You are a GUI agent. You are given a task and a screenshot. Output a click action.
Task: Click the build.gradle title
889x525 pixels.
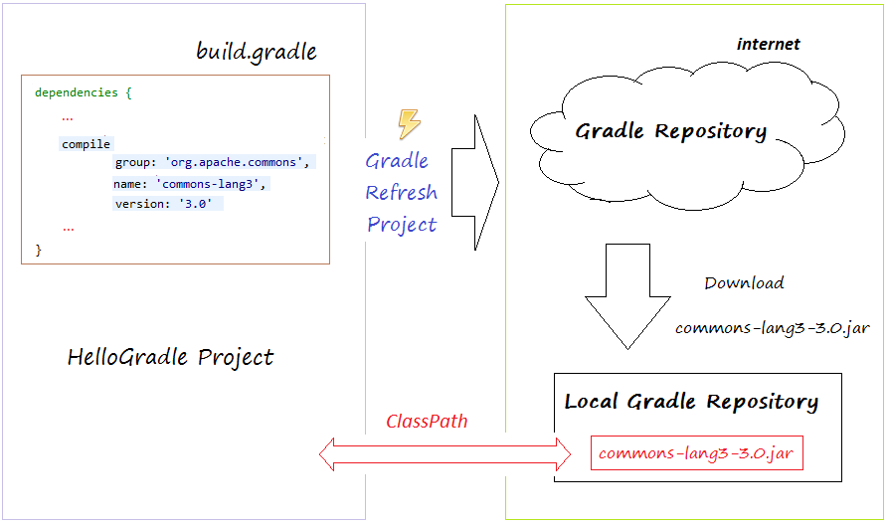pyautogui.click(x=257, y=52)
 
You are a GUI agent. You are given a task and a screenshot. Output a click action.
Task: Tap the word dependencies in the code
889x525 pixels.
pyautogui.click(x=76, y=92)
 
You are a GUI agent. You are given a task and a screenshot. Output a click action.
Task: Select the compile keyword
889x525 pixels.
pyautogui.click(x=87, y=144)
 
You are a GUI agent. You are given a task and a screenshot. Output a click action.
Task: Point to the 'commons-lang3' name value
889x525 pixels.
pyautogui.click(x=211, y=184)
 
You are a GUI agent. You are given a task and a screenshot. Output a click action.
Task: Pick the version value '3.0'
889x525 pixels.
pyautogui.click(x=196, y=204)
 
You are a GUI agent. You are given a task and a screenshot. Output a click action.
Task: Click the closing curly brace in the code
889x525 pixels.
pyautogui.click(x=39, y=250)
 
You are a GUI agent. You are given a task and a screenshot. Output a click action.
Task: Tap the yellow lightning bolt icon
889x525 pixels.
pyautogui.click(x=409, y=123)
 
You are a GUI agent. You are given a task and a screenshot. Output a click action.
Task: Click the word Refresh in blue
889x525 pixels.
pyautogui.click(x=401, y=193)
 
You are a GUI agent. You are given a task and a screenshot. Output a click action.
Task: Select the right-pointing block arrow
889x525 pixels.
pyautogui.click(x=475, y=183)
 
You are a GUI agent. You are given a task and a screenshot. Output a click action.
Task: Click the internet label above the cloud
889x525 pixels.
pyautogui.click(x=769, y=44)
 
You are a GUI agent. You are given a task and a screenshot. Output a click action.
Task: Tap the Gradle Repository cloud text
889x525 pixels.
pyautogui.click(x=670, y=131)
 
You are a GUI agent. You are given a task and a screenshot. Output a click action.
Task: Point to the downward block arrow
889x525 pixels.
pyautogui.click(x=627, y=296)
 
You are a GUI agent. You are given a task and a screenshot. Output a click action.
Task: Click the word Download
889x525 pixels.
pyautogui.click(x=744, y=283)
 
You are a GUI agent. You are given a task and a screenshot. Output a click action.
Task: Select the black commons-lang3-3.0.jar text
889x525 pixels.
pyautogui.click(x=773, y=329)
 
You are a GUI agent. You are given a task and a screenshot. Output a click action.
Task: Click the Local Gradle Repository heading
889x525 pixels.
pyautogui.click(x=691, y=402)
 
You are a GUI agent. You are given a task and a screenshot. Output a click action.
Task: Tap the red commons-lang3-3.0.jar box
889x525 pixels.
pyautogui.click(x=697, y=453)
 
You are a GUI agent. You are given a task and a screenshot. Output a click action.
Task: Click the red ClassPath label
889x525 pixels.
pyautogui.click(x=427, y=422)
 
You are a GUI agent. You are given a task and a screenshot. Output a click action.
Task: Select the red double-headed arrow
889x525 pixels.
pyautogui.click(x=445, y=454)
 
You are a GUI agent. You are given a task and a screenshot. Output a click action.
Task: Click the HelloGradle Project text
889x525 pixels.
pyautogui.click(x=170, y=358)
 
